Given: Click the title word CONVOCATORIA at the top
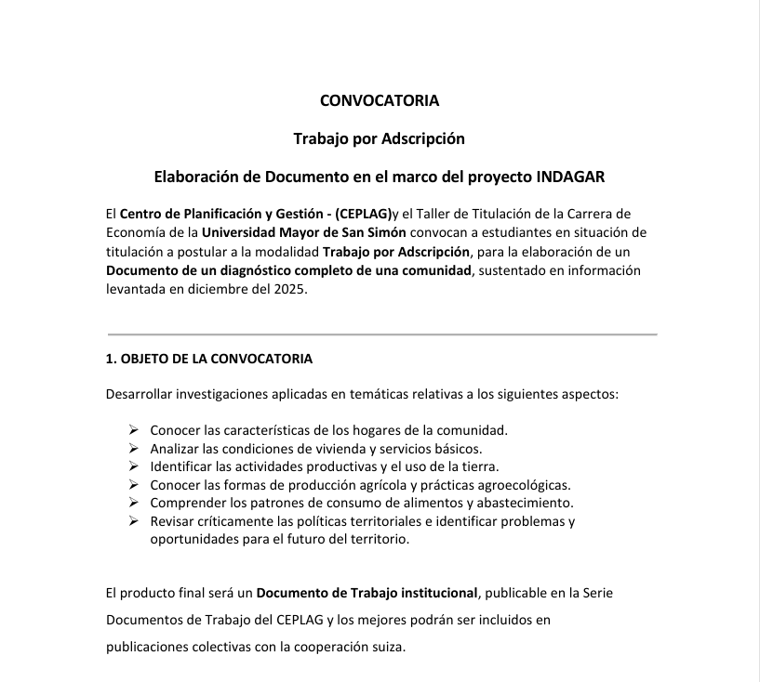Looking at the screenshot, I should pyautogui.click(x=380, y=100).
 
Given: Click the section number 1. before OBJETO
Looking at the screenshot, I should pyautogui.click(x=111, y=358).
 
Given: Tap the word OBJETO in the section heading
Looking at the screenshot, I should pyautogui.click(x=149, y=358).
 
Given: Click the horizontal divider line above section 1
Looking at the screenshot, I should pyautogui.click(x=382, y=333).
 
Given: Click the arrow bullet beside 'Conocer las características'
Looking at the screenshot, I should pyautogui.click(x=133, y=430).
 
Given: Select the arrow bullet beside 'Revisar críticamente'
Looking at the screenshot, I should pyautogui.click(x=133, y=520).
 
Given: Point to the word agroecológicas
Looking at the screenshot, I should pyautogui.click(x=521, y=484).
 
